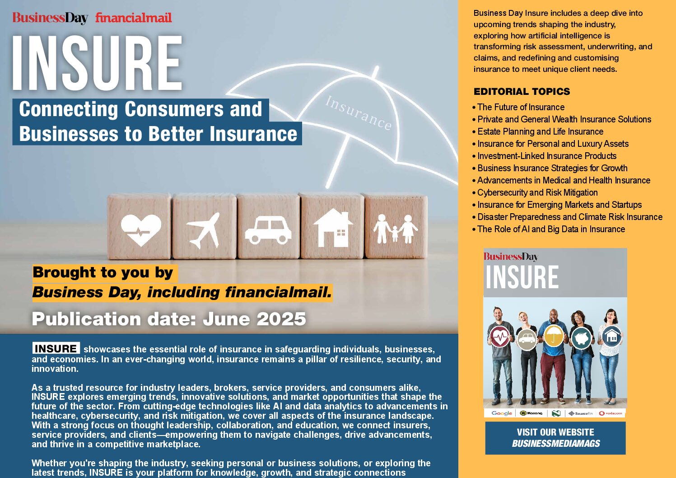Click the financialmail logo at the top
133,18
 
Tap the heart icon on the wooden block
141,230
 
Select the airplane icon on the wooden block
203,230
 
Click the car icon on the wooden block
268,231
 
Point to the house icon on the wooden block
333,228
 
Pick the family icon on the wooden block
396,229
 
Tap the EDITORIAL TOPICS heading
522,92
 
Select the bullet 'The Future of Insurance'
518,107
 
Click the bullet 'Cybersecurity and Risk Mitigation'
535,192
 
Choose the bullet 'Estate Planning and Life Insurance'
538,131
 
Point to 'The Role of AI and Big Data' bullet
548,229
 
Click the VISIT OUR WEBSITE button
555,438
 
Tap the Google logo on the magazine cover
502,413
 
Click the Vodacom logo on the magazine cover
611,413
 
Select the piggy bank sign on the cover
581,338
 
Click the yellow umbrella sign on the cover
554,336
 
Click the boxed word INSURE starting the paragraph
56,348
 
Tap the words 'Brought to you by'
103,273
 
